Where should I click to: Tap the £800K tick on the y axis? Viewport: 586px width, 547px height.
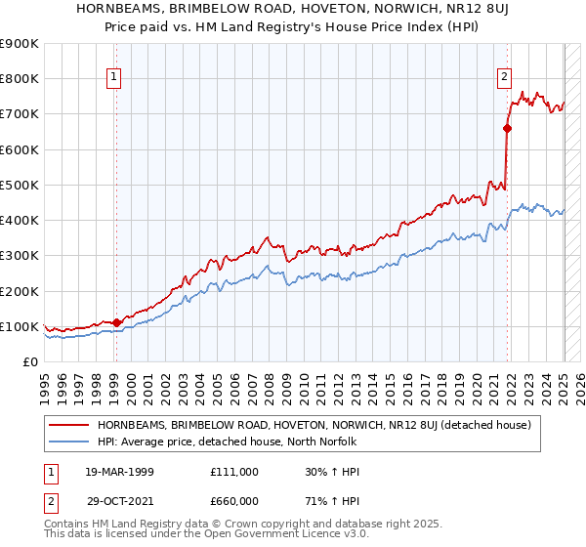click(20, 79)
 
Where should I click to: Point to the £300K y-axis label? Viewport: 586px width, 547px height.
click(20, 256)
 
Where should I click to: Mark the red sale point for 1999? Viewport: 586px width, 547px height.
click(116, 322)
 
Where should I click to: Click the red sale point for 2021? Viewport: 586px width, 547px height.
click(508, 128)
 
